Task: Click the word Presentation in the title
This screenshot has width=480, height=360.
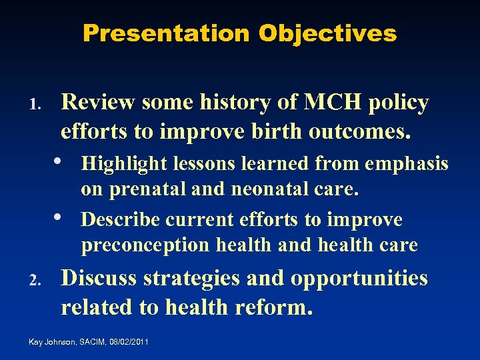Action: (x=166, y=33)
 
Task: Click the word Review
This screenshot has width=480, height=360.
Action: (x=98, y=103)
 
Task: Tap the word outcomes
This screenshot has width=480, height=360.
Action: (x=359, y=131)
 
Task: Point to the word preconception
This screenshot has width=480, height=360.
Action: (x=145, y=246)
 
